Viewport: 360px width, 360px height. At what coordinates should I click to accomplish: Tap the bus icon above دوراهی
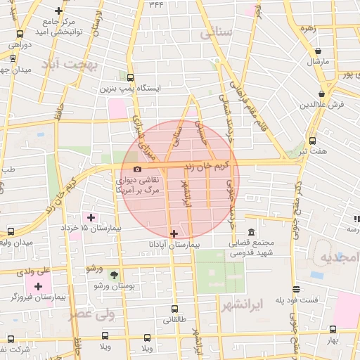click(20, 34)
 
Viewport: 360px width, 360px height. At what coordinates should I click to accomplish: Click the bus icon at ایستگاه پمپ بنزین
click(130, 78)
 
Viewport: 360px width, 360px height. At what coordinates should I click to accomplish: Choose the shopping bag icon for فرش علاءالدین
click(321, 94)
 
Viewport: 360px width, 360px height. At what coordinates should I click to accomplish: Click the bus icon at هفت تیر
click(312, 141)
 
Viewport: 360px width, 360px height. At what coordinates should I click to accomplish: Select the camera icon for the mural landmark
click(136, 169)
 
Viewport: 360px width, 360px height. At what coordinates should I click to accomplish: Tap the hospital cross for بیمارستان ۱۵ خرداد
click(90, 217)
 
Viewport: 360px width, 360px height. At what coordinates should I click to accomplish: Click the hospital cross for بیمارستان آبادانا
click(174, 233)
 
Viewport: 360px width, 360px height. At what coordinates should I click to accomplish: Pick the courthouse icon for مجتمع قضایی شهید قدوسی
click(251, 233)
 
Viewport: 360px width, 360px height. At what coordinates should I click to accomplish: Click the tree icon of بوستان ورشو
click(115, 275)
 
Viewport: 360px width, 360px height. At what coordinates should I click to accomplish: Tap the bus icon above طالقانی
click(174, 309)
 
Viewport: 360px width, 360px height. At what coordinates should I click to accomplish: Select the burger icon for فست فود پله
click(296, 289)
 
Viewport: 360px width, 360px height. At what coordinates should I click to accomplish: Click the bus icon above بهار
click(332, 329)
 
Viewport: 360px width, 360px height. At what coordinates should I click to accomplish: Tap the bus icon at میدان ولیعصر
click(11, 231)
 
